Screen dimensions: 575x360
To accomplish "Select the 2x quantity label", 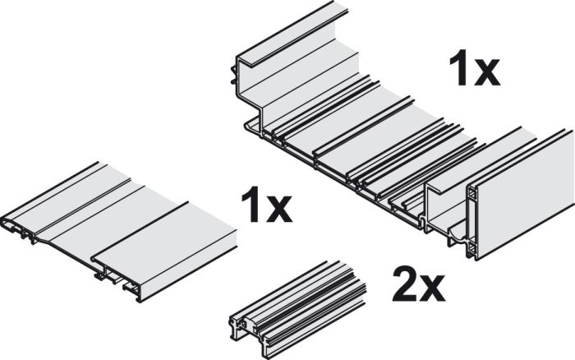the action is click(x=419, y=284).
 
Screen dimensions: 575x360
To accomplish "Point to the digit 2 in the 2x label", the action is click(x=405, y=284).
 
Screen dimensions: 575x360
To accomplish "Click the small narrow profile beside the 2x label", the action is click(x=297, y=309).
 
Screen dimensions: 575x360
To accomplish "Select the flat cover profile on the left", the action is click(x=120, y=232).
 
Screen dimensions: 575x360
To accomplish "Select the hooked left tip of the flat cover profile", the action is click(x=7, y=223).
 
